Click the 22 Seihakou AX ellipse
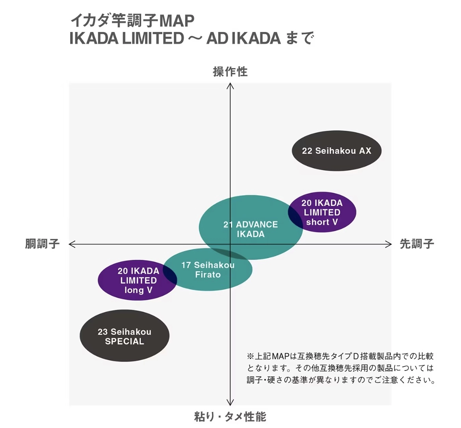[x=336, y=151]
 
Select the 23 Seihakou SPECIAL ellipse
[x=125, y=335]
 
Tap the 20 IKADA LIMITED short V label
[x=322, y=212]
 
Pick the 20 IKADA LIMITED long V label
[x=138, y=280]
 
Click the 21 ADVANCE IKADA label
[x=251, y=229]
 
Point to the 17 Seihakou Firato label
[x=208, y=270]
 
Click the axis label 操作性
[x=230, y=72]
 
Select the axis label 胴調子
[x=42, y=244]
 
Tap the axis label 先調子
[x=417, y=244]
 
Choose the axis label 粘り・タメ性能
[x=230, y=417]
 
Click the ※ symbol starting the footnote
[x=251, y=356]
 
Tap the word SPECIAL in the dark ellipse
[x=125, y=341]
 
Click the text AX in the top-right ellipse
[x=365, y=151]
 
